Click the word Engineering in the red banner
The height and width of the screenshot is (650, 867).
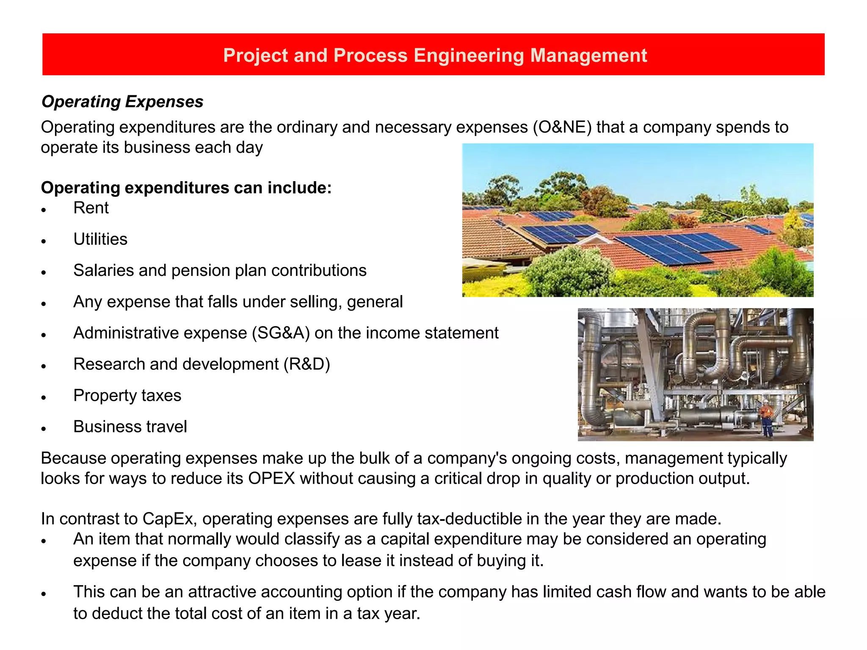(469, 56)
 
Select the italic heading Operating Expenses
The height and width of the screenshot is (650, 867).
(122, 102)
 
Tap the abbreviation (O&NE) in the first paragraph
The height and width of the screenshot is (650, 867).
(562, 127)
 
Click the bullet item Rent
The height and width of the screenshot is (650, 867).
(91, 208)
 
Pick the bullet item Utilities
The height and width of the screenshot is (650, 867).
(100, 240)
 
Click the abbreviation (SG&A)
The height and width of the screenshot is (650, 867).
(281, 333)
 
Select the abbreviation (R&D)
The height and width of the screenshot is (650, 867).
(306, 364)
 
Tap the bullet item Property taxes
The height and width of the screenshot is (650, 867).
(127, 396)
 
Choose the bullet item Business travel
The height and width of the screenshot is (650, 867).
(130, 427)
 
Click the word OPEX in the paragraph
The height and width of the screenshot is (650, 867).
(271, 479)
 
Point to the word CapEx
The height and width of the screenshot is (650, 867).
(168, 519)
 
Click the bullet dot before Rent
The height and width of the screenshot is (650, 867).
(44, 210)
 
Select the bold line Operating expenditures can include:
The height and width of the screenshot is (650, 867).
(186, 188)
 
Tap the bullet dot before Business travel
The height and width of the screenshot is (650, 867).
(44, 429)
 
